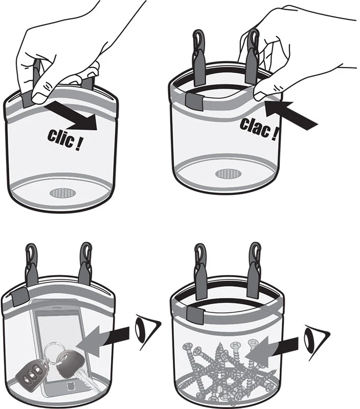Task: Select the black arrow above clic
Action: (x=72, y=117)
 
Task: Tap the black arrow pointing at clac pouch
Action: (x=290, y=115)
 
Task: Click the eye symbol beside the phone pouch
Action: (x=147, y=331)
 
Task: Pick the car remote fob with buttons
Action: (x=31, y=370)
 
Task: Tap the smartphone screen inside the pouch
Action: (x=60, y=339)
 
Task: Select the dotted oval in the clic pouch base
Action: (x=63, y=193)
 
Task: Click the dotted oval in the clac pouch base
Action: (x=229, y=173)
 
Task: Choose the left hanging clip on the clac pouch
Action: (x=199, y=57)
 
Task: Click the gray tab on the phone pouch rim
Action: (x=19, y=297)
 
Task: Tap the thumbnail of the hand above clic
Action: (x=40, y=98)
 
